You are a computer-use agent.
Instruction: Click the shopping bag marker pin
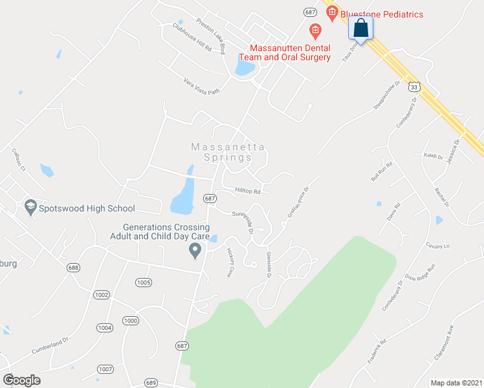pos(361,28)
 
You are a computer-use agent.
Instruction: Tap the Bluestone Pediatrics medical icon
pos(332,12)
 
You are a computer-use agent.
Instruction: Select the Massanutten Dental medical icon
pos(315,30)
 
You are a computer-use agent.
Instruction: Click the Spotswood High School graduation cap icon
pos(30,208)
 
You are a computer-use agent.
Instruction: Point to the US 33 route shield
pos(414,86)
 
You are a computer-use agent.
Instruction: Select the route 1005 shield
pos(144,282)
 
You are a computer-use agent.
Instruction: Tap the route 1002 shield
pos(102,294)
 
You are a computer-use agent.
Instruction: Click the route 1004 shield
pos(105,328)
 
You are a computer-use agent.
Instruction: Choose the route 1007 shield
pos(105,369)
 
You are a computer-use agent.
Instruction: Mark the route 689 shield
pos(150,382)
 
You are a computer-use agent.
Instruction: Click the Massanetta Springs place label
pos(230,152)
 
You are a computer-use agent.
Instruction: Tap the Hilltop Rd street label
pos(247,191)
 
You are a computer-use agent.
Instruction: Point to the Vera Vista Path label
pos(203,87)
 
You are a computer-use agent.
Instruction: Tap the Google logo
pos(21,380)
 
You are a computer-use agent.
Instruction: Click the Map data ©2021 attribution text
pos(456,382)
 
